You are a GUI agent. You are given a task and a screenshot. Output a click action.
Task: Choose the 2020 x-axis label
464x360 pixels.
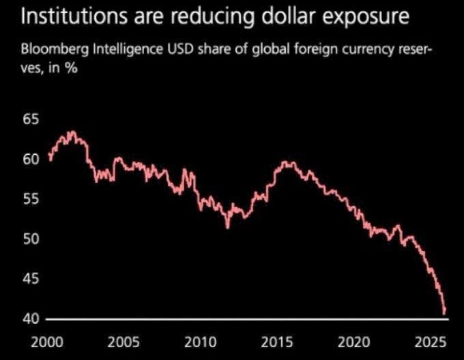point(356,340)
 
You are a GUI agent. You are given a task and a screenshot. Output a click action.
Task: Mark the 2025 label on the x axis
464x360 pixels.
point(431,340)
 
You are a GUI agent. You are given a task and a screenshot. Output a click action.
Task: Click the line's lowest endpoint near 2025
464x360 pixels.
point(445,314)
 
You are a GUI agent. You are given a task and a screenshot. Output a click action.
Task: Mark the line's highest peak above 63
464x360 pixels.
point(72,132)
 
